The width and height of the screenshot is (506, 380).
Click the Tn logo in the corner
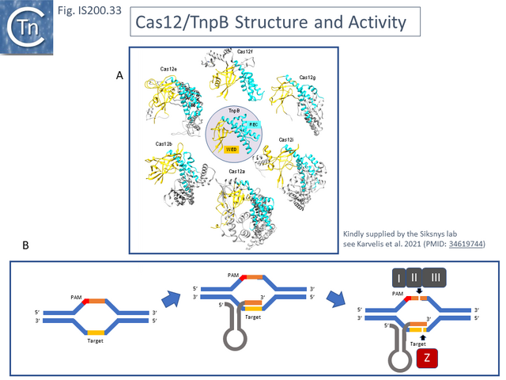click(27, 26)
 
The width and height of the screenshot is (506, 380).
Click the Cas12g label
click(308, 78)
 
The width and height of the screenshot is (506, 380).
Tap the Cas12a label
click(237, 171)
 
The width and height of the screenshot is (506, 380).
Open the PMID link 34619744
click(466, 243)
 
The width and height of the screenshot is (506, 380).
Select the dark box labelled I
click(396, 278)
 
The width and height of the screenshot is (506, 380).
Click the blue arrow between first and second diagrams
click(172, 301)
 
